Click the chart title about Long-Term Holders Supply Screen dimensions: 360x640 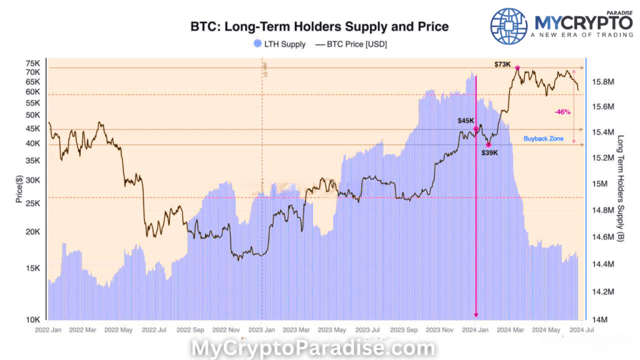tap(319, 27)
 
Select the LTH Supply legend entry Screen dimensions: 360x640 tap(279, 44)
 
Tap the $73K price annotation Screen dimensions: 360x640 tap(502, 64)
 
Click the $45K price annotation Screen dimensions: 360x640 tap(466, 121)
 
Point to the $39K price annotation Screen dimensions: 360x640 tap(491, 152)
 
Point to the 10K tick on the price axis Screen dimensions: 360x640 tap(33, 319)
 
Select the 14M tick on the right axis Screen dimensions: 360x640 tap(598, 319)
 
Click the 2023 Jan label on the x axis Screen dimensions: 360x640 tap(262, 329)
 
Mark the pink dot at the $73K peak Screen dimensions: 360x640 tap(517, 67)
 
